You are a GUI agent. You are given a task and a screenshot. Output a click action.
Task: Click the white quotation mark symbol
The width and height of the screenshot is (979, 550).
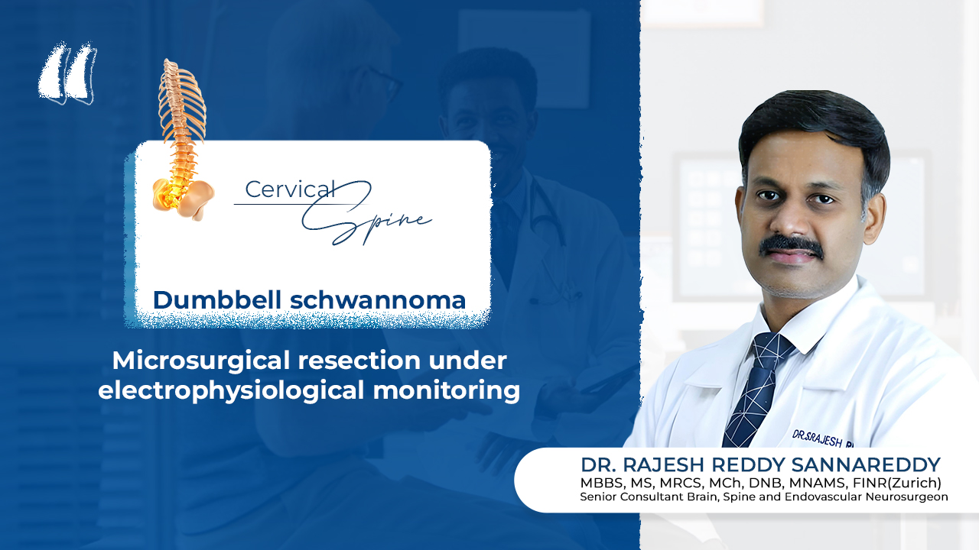tap(67, 73)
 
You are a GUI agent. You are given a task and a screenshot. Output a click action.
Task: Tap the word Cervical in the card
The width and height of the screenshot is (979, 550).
tap(290, 189)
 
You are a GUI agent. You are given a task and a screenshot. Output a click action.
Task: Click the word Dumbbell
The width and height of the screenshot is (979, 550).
tap(216, 300)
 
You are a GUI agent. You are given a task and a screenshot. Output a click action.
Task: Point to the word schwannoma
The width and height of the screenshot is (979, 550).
tap(378, 300)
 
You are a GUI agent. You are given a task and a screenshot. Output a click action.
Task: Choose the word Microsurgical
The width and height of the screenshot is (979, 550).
tap(201, 361)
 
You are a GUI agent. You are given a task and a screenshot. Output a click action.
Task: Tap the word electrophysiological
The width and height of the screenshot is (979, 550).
tap(231, 390)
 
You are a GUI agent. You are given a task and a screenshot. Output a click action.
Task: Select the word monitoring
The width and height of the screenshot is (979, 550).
tap(446, 390)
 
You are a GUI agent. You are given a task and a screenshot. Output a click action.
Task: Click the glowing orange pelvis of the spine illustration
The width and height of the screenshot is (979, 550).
tap(183, 196)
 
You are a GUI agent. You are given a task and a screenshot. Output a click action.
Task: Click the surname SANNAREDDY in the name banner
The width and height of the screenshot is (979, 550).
tap(865, 465)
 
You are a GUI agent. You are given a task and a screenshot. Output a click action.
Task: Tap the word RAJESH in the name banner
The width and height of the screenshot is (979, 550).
tap(663, 465)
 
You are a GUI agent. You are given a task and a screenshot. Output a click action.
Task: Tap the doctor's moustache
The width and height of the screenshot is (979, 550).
tap(791, 246)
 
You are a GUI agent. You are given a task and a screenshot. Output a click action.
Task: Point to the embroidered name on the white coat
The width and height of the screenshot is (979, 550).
tap(822, 439)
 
